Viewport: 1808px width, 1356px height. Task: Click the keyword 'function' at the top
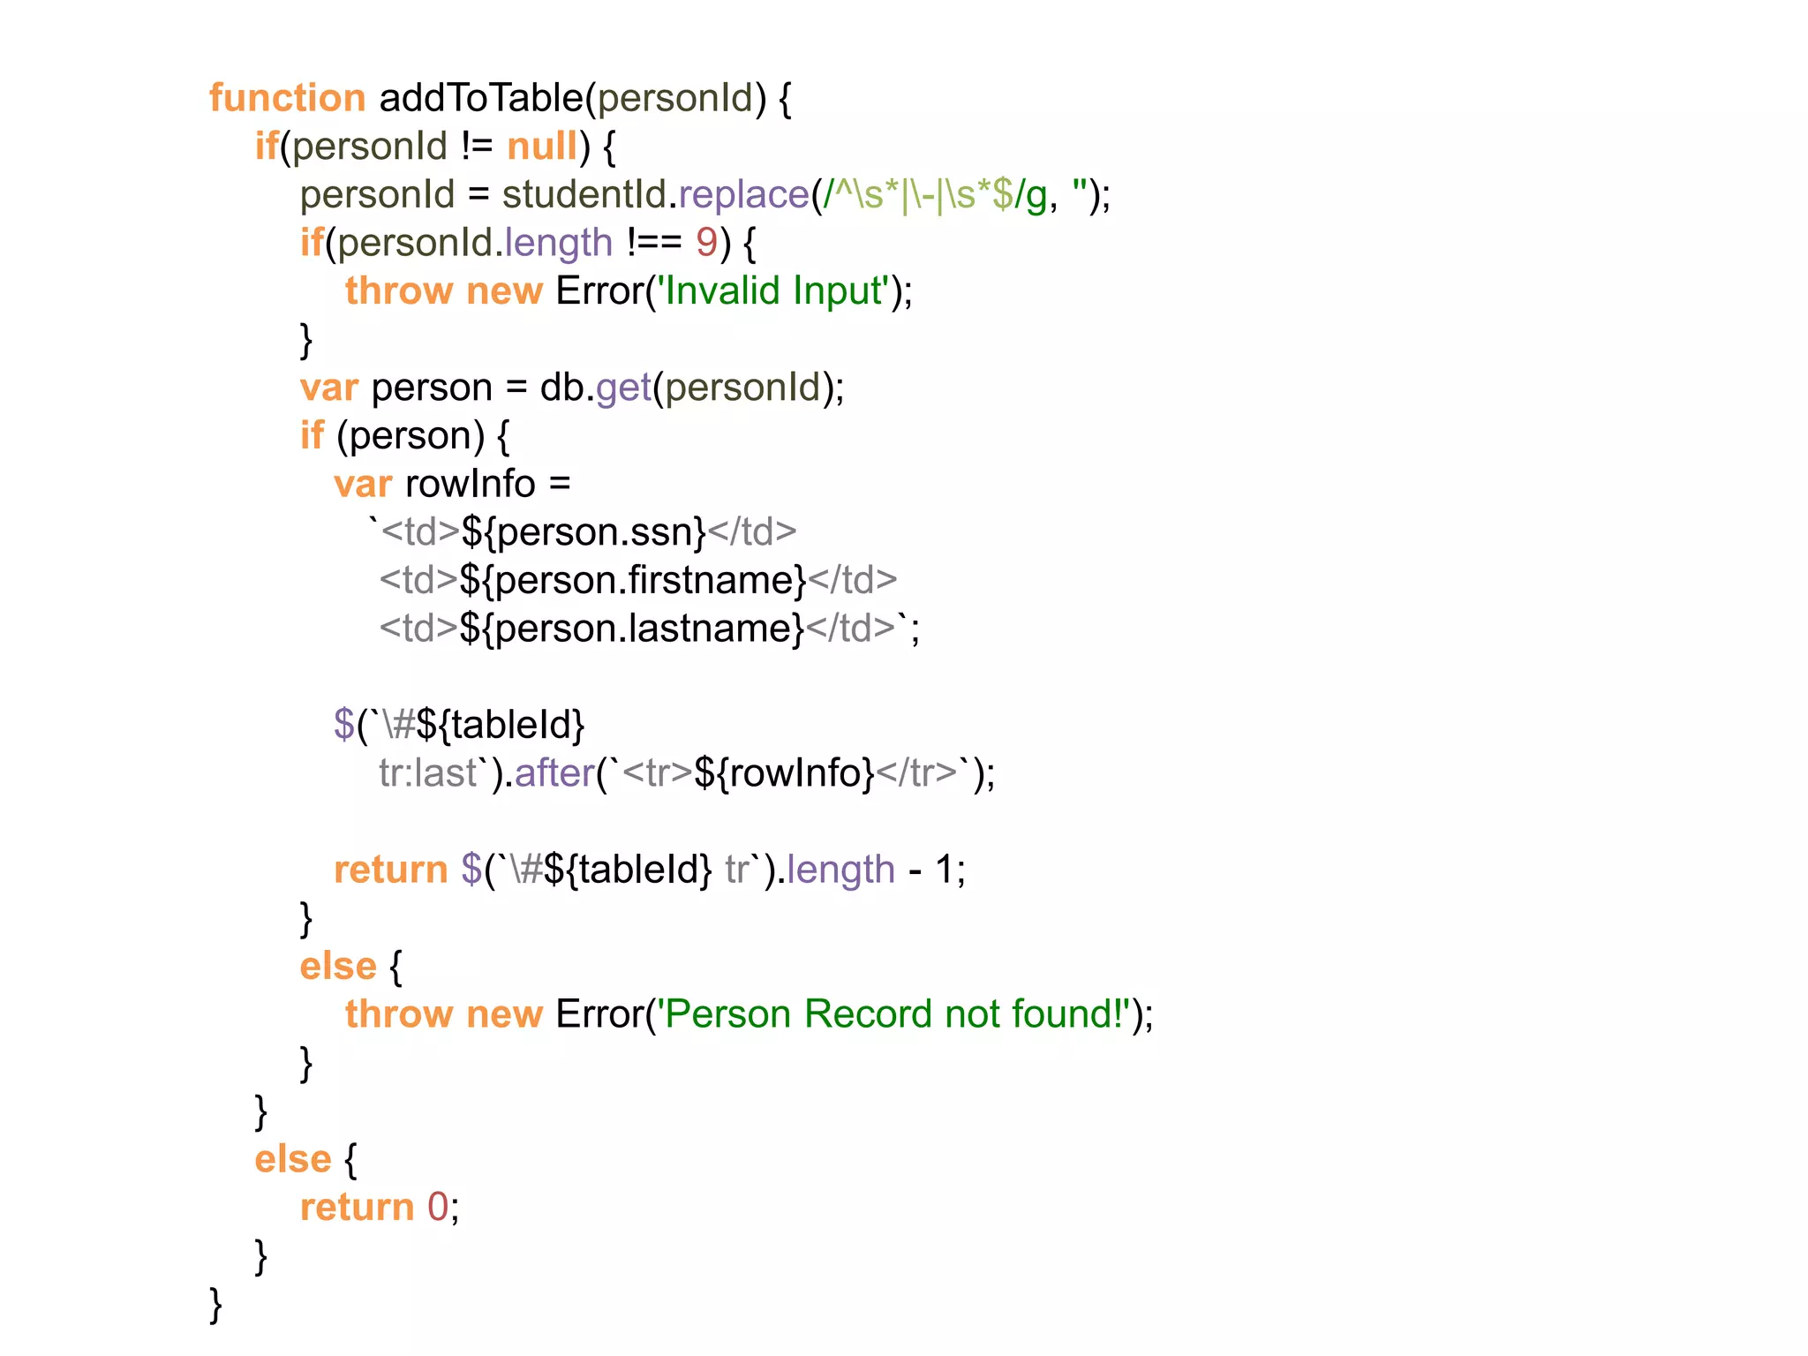[x=287, y=98]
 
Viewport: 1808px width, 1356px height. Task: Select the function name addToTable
[x=481, y=98]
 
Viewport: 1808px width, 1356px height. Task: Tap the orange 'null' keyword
[x=542, y=147]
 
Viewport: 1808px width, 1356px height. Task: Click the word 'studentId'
[x=584, y=195]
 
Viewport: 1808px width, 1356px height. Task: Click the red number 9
[x=706, y=243]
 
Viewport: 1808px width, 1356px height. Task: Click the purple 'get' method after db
[x=623, y=388]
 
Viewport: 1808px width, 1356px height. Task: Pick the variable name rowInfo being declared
[x=471, y=484]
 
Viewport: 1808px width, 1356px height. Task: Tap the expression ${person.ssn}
[x=584, y=532]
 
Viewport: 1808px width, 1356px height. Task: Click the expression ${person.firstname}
[x=633, y=581]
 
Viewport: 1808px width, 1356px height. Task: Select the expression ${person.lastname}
[x=631, y=629]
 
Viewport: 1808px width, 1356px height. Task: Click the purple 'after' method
[x=554, y=773]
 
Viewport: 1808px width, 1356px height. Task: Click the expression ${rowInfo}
[x=784, y=773]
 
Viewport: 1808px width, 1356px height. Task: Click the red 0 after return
[x=438, y=1207]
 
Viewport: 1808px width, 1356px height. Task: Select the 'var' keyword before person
[x=328, y=388]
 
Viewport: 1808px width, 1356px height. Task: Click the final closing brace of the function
[x=215, y=1304]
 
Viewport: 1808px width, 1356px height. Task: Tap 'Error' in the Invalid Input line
[x=600, y=291]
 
